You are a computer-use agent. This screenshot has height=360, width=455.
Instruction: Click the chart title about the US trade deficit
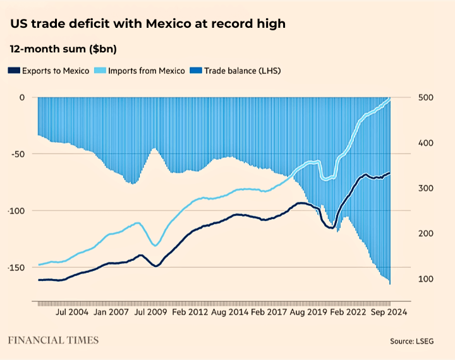(147, 24)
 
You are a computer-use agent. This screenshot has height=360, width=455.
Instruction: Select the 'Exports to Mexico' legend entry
(48, 71)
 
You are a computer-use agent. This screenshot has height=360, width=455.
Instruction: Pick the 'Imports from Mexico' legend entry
(140, 71)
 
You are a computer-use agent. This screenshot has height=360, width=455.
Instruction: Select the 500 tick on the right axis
(427, 97)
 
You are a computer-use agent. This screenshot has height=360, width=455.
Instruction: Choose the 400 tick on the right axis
(427, 143)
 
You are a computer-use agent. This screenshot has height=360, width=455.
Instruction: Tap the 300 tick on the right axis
(427, 188)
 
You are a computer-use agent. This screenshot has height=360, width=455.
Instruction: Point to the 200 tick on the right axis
(427, 234)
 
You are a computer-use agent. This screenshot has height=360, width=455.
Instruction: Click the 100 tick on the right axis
(427, 279)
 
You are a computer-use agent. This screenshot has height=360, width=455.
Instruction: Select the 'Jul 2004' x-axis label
(71, 312)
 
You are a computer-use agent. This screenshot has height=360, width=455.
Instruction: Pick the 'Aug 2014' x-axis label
(229, 312)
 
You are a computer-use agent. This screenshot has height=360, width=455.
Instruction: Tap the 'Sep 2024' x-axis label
(387, 312)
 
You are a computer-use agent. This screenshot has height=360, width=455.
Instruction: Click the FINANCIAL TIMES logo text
(53, 340)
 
